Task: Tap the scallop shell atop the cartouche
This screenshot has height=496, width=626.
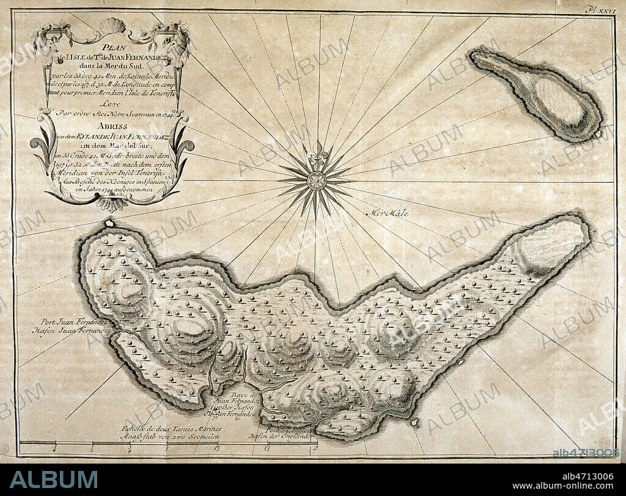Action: pyautogui.click(x=111, y=26)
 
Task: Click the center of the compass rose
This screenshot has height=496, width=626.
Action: pyautogui.click(x=317, y=180)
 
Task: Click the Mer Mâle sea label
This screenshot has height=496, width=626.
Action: pyautogui.click(x=388, y=213)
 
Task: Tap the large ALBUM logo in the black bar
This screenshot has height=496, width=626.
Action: pyautogui.click(x=53, y=479)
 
